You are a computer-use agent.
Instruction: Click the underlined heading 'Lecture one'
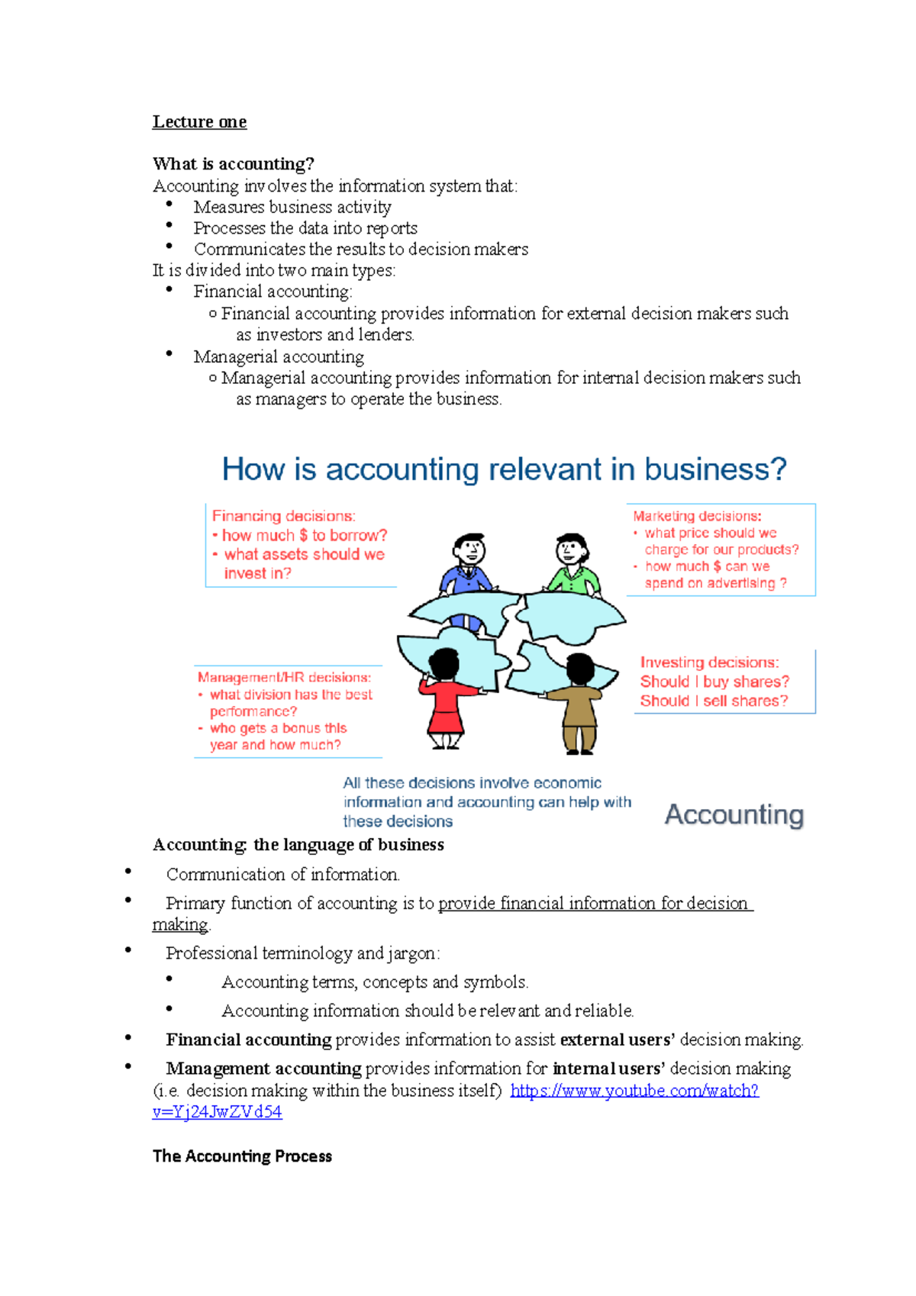click(x=199, y=122)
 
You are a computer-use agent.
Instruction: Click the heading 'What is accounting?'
click(x=233, y=164)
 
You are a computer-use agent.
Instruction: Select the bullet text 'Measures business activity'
click(x=292, y=207)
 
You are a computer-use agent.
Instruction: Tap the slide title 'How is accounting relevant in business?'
click(x=504, y=469)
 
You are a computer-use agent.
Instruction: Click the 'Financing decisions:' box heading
click(x=283, y=516)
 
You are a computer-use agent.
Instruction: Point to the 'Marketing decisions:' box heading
click(x=697, y=516)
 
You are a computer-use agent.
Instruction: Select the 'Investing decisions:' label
click(x=709, y=663)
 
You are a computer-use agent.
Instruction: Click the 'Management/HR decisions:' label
click(x=284, y=677)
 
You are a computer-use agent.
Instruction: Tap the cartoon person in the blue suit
click(x=467, y=565)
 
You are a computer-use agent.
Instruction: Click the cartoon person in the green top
click(x=572, y=565)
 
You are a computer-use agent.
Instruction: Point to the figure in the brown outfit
click(x=579, y=702)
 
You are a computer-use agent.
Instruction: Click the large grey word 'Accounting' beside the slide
click(x=734, y=814)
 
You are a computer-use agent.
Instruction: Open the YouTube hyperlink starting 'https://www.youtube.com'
click(x=634, y=1091)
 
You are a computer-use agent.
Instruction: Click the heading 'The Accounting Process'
click(x=242, y=1156)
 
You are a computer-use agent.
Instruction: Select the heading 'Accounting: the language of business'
click(x=298, y=845)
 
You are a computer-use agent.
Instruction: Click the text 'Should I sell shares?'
click(x=714, y=701)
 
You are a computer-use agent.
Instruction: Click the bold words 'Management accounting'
click(x=263, y=1069)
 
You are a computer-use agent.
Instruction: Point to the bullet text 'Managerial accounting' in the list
click(x=279, y=356)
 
